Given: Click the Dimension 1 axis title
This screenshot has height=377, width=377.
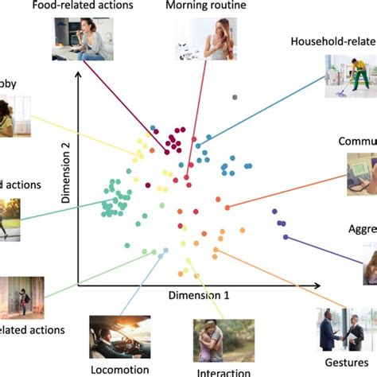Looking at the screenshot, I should [x=199, y=294].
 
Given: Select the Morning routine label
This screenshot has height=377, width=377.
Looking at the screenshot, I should [x=206, y=7].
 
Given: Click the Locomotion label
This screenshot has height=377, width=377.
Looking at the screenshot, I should [x=119, y=369].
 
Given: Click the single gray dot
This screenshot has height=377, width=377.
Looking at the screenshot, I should [x=235, y=97].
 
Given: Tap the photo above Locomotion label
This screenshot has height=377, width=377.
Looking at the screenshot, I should [x=120, y=337].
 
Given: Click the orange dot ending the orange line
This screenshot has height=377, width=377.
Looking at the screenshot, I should [x=227, y=207].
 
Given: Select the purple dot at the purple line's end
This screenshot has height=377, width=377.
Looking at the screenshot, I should [x=286, y=236].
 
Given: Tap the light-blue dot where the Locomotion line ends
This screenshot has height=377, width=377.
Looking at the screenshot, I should [x=165, y=251].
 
